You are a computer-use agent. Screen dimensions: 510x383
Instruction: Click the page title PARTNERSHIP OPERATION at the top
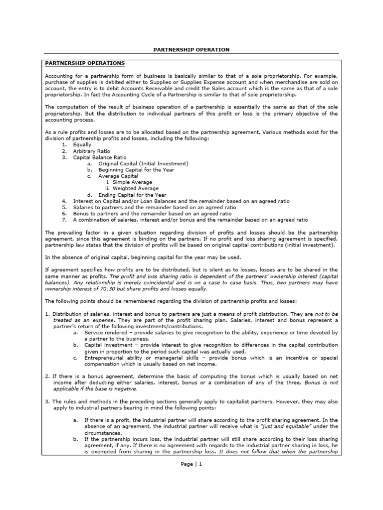[x=191, y=50]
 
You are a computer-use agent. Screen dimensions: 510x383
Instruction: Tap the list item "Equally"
[x=82, y=144]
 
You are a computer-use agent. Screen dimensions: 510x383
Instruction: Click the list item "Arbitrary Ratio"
[x=92, y=151]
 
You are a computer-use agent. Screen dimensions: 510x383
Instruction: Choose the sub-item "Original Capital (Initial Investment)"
[x=143, y=163]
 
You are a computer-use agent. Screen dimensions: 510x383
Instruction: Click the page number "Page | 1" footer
[x=191, y=464]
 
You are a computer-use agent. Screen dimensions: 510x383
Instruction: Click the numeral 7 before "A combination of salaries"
[x=64, y=220]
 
